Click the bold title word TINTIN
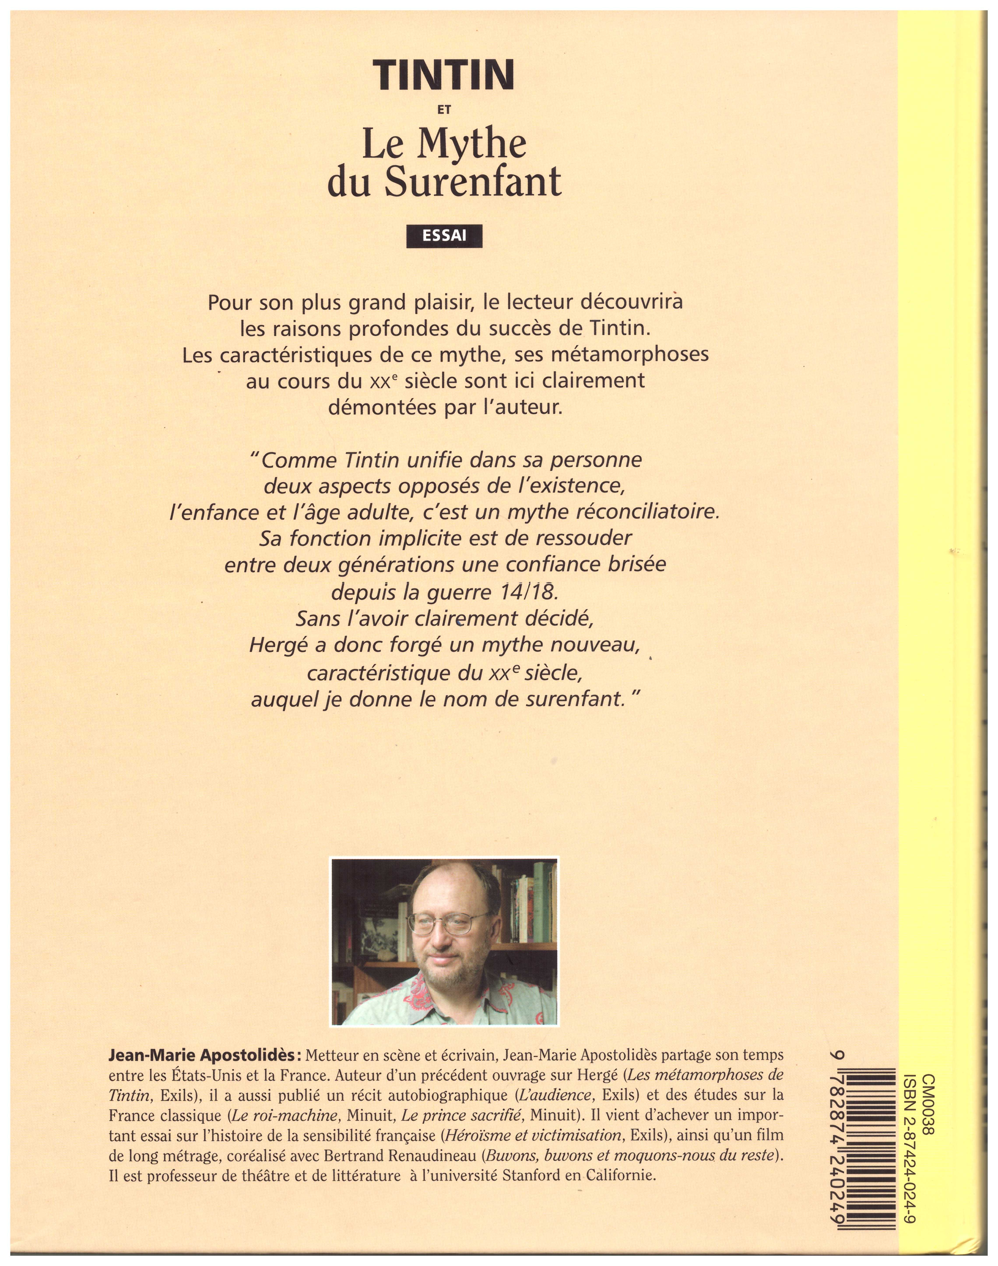444,75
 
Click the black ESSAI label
444,236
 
